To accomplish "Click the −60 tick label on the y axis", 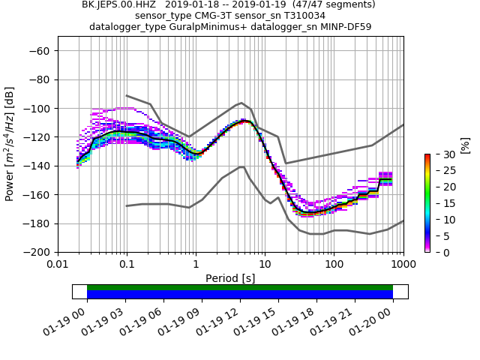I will point(40,50).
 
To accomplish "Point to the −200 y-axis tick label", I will point(37,252).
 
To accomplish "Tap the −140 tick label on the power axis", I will point(37,166).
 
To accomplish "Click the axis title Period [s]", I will point(230,277).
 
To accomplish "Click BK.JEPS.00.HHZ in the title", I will point(118,4).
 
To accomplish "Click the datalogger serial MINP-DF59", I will point(341,27).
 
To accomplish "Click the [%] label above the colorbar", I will point(466,144).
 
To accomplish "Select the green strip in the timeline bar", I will point(240,287).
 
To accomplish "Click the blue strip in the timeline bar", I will point(240,295).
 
